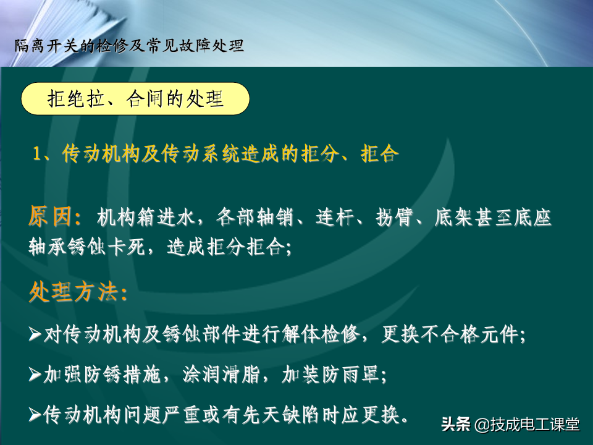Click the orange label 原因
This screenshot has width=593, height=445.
[49, 216]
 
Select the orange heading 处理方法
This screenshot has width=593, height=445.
[72, 292]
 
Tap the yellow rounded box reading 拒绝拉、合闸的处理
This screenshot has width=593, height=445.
[135, 99]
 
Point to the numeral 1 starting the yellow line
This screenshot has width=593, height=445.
[36, 154]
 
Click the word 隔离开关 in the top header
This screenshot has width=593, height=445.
[47, 46]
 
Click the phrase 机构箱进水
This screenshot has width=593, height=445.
[146, 218]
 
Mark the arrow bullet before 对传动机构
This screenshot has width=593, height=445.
[35, 334]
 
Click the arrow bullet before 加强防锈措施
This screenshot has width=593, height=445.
[35, 375]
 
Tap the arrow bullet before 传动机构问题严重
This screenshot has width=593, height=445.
[35, 415]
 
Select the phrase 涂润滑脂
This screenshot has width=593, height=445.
[222, 375]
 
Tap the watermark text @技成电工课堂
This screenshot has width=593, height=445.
[527, 424]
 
